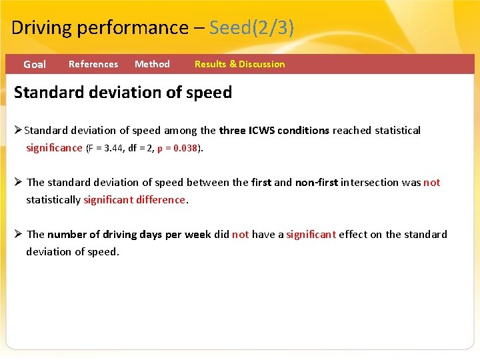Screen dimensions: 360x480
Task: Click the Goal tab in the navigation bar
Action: coord(35,65)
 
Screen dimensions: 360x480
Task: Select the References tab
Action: coord(93,64)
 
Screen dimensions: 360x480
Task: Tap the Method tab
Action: coord(152,64)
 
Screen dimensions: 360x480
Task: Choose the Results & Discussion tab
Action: coord(239,64)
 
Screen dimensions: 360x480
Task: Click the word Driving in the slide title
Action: coord(42,28)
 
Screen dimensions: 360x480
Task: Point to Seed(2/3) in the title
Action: coord(251,28)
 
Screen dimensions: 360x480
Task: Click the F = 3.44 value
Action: coord(109,148)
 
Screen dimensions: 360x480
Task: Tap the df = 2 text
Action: coord(143,148)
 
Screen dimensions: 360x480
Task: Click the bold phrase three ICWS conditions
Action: coord(274,131)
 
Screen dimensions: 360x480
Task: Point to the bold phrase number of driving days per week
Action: coord(129,235)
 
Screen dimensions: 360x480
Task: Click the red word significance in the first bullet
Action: coord(54,148)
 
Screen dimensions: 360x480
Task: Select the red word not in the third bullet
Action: coord(240,235)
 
